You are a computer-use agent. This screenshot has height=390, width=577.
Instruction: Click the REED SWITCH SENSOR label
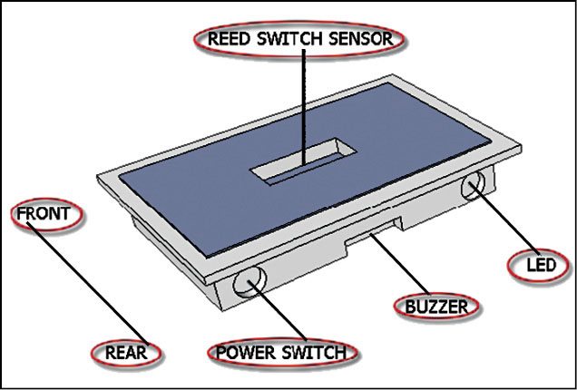[x=298, y=39]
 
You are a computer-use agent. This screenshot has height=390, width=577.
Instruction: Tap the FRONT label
[x=46, y=216]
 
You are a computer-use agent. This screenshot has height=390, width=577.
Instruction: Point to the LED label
[x=540, y=267]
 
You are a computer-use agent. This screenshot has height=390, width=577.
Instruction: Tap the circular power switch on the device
[x=247, y=283]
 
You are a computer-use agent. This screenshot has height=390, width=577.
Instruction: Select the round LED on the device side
[x=475, y=188]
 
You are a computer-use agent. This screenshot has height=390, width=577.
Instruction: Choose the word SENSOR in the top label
[x=361, y=39]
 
